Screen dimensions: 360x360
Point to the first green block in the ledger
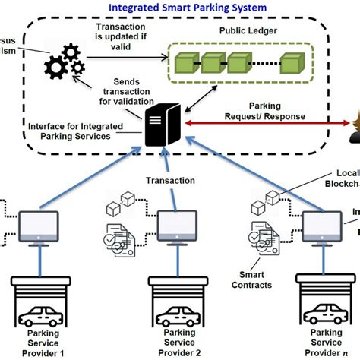click(184, 60)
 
